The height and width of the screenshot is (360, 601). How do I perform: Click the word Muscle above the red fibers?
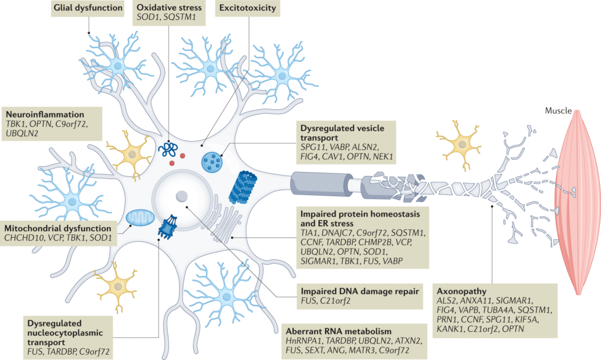pyautogui.click(x=557, y=111)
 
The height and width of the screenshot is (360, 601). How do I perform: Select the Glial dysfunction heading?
pyautogui.click(x=89, y=8)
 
